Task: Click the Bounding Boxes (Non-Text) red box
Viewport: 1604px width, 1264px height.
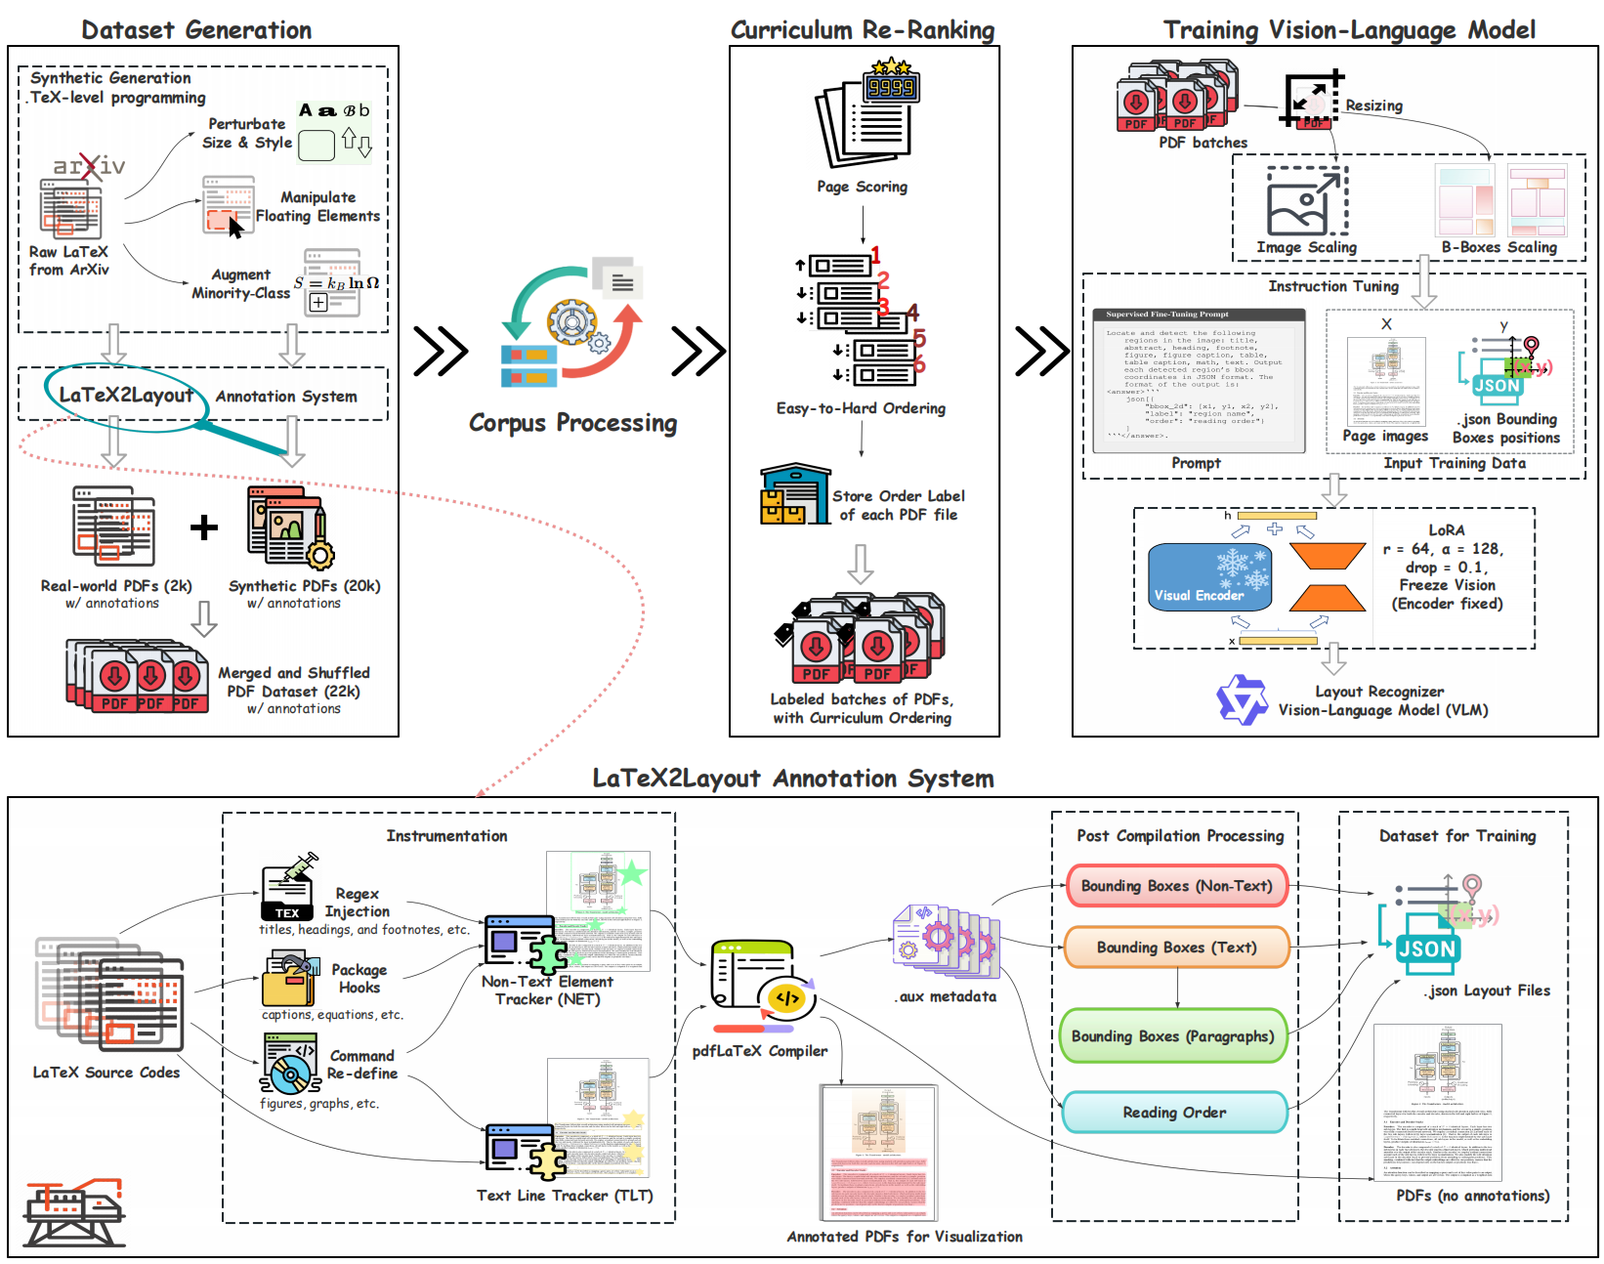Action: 1176,886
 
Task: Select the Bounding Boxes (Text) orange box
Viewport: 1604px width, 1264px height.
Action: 1176,948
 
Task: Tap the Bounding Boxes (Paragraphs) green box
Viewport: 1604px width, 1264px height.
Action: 1172,1036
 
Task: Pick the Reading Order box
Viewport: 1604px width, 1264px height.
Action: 1174,1113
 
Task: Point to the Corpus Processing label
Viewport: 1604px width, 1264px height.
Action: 572,423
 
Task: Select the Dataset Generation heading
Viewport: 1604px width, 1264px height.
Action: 196,30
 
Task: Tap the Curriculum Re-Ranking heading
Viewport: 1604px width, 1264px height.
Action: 863,30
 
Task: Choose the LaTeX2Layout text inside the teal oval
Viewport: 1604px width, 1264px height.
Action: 126,396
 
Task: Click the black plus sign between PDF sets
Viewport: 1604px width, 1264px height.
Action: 204,527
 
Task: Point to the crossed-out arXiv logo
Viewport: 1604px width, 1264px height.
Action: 89,166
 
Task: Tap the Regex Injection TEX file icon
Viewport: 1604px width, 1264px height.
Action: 287,888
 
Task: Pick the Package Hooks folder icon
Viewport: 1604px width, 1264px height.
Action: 289,979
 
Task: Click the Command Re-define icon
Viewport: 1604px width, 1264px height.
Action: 290,1064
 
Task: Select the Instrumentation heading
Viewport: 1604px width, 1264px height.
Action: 446,836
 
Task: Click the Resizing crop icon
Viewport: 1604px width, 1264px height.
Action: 1312,100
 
